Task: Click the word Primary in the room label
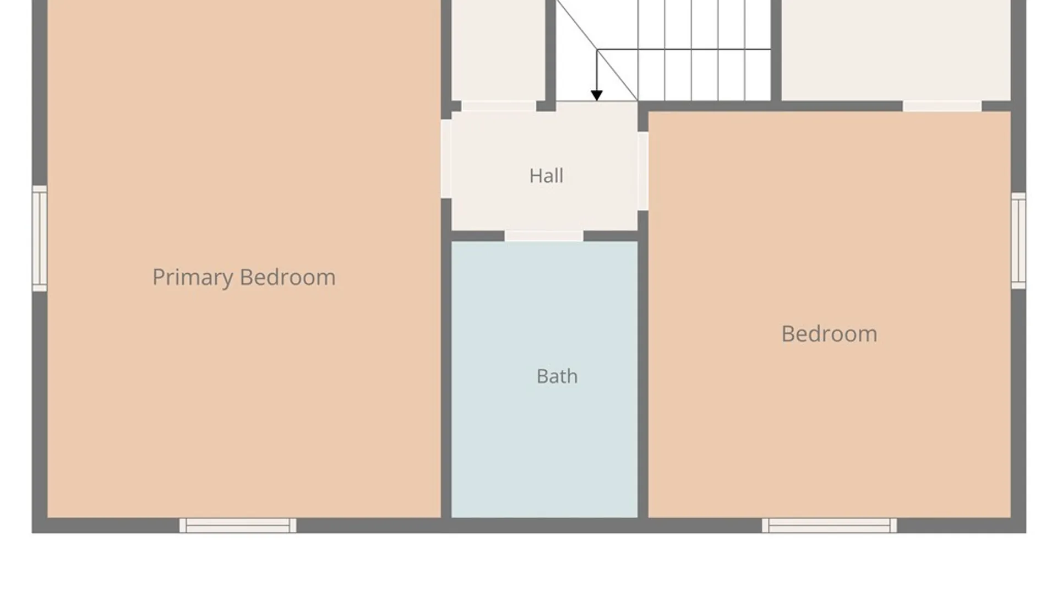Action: [x=192, y=277]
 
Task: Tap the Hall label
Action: [x=546, y=176]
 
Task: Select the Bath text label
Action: [x=557, y=376]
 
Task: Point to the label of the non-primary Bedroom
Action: [x=829, y=334]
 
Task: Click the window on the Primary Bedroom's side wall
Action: [x=40, y=239]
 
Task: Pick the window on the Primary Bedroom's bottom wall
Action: [x=238, y=526]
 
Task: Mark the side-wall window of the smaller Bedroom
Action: [x=1018, y=241]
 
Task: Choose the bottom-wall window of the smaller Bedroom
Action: [x=829, y=526]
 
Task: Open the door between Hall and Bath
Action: [x=544, y=236]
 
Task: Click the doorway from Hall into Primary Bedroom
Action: [x=446, y=159]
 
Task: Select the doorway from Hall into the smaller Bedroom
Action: [x=643, y=171]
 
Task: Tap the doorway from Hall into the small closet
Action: [x=499, y=106]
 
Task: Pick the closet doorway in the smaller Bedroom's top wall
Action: [x=942, y=106]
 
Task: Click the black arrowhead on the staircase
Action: [x=597, y=96]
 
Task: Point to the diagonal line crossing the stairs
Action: [x=597, y=50]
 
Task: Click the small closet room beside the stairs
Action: [x=498, y=50]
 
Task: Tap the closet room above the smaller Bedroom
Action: [x=896, y=50]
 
